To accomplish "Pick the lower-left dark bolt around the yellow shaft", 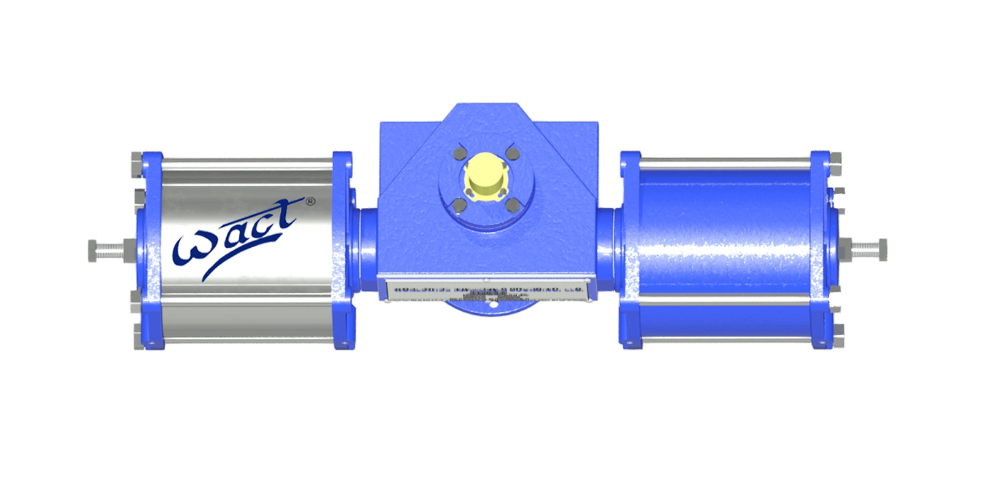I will pyautogui.click(x=458, y=205).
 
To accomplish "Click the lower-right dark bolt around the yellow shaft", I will pyautogui.click(x=512, y=205).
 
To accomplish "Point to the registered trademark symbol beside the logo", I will pyautogui.click(x=310, y=201).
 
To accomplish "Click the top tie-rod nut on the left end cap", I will pyautogui.click(x=136, y=162).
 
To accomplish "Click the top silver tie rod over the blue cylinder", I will pyautogui.click(x=725, y=162).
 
